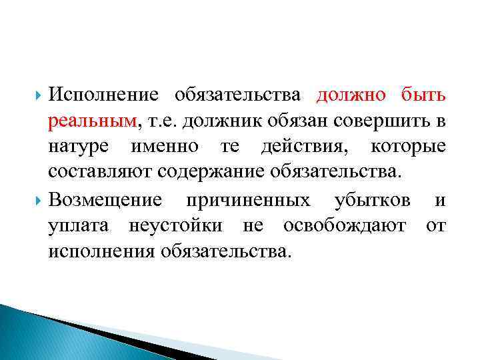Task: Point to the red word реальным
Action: pyautogui.click(x=92, y=121)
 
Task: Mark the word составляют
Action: pyautogui.click(x=101, y=173)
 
